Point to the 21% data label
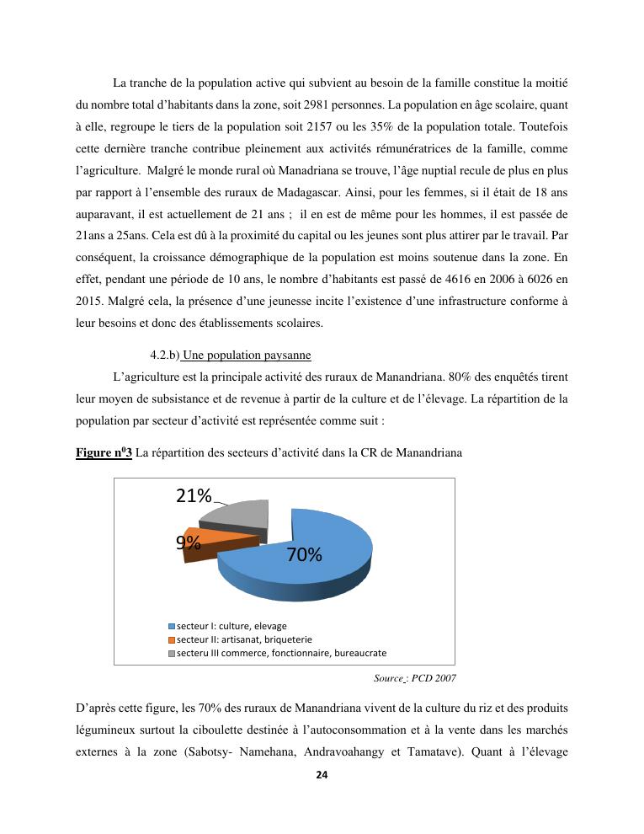coord(193,496)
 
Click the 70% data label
coord(304,554)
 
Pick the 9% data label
coord(187,543)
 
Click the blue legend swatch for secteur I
coord(172,626)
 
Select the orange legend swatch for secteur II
coord(172,639)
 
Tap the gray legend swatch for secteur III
coord(172,653)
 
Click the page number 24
coord(322,775)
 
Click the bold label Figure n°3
coord(104,453)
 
